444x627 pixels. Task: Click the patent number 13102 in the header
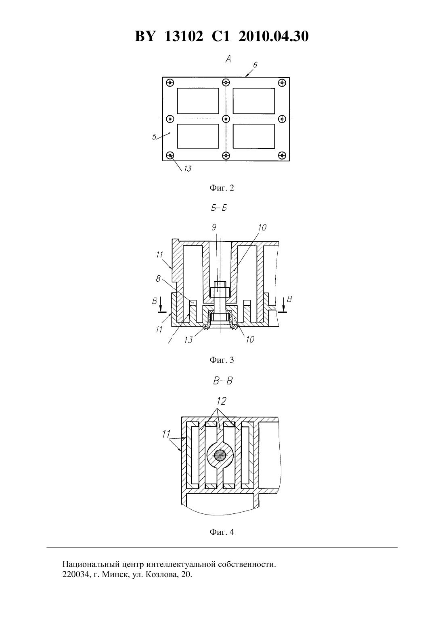point(184,36)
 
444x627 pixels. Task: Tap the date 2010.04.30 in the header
point(273,36)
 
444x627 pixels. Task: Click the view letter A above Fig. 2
point(228,59)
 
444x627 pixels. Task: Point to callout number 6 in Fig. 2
point(255,65)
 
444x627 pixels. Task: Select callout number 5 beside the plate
point(155,137)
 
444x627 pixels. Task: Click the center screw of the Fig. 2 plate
point(226,119)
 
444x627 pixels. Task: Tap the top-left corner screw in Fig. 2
point(170,83)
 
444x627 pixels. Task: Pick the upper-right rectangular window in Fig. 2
point(253,101)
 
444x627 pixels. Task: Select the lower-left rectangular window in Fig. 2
point(198,136)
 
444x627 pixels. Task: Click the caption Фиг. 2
point(222,188)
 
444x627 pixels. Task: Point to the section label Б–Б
point(219,208)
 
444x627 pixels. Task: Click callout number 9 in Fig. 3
point(214,226)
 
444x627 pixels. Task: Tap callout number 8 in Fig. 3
point(158,278)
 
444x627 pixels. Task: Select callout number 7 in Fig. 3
point(170,340)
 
